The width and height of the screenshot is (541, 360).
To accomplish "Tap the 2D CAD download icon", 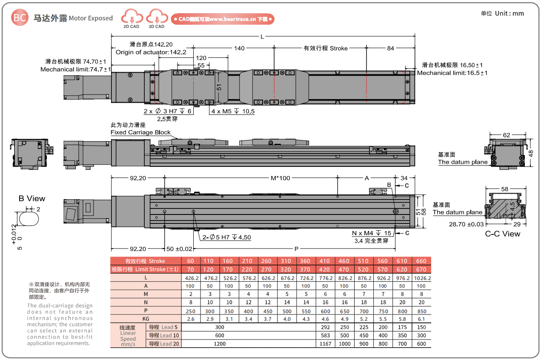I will pos(132,18).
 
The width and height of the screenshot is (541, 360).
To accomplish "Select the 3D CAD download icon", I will pos(157,18).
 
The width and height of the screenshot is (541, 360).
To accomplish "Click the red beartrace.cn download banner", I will pos(223,19).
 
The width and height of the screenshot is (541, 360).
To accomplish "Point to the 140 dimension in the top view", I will pos(239,48).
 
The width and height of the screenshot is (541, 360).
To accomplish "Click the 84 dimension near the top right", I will pos(390,48).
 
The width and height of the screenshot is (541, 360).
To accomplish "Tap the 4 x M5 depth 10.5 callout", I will pos(233,111).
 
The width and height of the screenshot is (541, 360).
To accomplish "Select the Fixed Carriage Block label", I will pos(140,132).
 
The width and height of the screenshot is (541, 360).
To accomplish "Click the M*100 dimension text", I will pos(281,178).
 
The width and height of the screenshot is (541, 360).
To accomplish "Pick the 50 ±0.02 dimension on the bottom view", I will pos(179,249).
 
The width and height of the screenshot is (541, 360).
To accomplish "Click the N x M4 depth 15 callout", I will pos(372,233).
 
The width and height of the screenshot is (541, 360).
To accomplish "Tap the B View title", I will pos(31,198).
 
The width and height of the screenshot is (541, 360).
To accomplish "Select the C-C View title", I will pos(502,234).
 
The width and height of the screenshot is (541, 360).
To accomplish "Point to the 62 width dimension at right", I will pos(506,135).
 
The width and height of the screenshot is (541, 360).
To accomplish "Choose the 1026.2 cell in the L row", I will pos(421,278).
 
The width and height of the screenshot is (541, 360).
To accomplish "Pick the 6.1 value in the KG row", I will pos(421,319).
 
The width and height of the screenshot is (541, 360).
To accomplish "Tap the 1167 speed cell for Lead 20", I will pos(326,343).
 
